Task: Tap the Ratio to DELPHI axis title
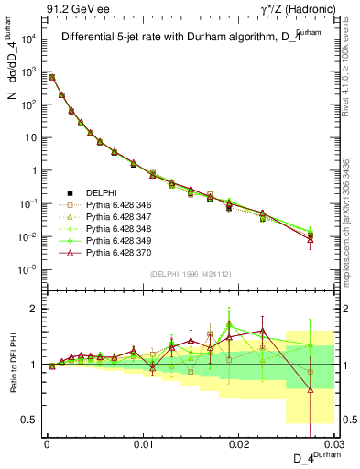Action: tap(12, 364)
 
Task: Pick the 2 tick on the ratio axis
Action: tap(34, 309)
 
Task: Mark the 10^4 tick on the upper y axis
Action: tap(28, 38)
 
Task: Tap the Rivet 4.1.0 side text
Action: tap(350, 69)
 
